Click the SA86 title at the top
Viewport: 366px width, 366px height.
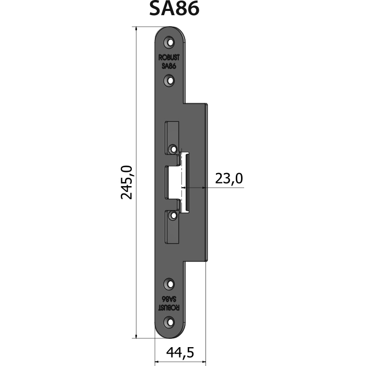(x=174, y=9)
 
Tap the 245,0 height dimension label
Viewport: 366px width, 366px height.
(x=127, y=182)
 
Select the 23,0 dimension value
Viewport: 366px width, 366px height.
(x=229, y=179)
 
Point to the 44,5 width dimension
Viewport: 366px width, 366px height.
(x=180, y=352)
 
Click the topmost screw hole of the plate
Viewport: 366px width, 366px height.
(x=170, y=42)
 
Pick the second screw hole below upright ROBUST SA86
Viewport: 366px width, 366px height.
(x=170, y=81)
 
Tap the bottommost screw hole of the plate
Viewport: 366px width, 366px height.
(x=170, y=323)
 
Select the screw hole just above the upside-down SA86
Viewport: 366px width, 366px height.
(x=170, y=284)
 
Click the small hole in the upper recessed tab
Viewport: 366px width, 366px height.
(x=173, y=148)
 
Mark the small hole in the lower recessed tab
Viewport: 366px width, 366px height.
(x=173, y=215)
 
